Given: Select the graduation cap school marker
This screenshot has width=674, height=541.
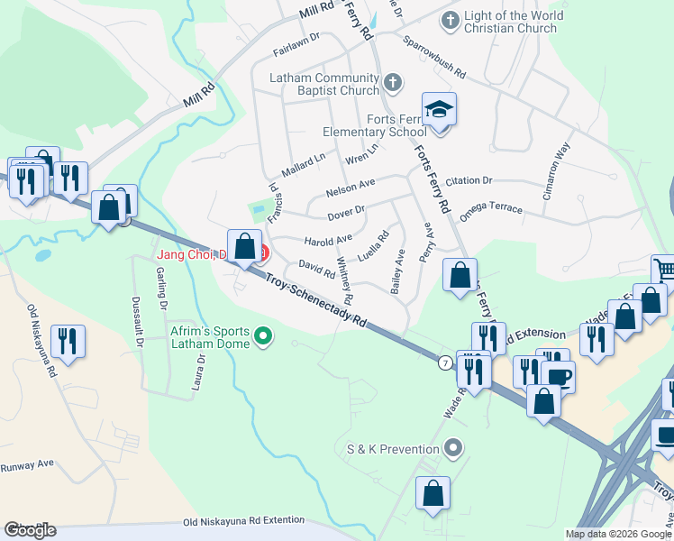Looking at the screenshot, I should pos(440,110).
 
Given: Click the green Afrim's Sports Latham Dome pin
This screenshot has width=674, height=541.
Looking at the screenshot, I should pos(263,337).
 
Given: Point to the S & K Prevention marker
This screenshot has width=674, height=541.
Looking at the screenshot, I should pos(454,447).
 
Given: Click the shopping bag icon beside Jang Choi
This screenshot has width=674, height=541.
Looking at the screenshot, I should pos(245,246).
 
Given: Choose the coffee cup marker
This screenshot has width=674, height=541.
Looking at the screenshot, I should pos(559,374).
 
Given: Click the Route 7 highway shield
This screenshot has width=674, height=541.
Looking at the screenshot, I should pos(445,362).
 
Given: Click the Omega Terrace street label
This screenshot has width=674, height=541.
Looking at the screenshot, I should pos(490,211).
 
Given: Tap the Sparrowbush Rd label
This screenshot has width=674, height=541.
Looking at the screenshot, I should pos(434,56).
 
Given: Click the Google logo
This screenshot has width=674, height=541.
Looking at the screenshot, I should pos(30,530).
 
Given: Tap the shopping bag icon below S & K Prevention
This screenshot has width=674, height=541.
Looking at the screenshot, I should pos(433,494).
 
